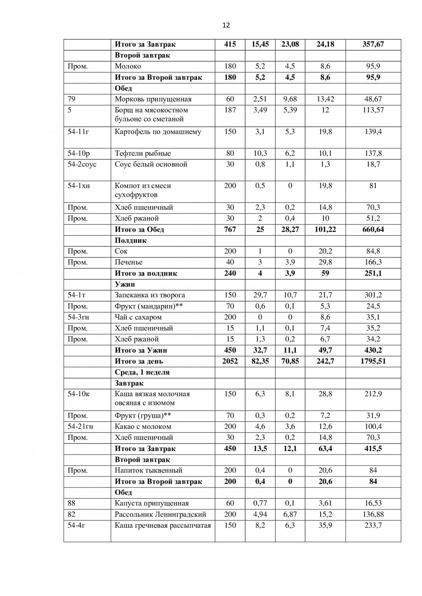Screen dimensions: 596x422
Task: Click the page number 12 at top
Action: pos(226,25)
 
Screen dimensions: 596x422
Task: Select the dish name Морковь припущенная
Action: pos(153,99)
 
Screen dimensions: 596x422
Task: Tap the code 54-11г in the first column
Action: pos(78,132)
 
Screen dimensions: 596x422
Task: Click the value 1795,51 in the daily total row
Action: pos(373,361)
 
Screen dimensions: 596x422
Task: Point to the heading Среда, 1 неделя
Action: pos(142,372)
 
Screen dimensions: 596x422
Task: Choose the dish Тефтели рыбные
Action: pos(143,153)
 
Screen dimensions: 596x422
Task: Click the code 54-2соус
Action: pos(82,164)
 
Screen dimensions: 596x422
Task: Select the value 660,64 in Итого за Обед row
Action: pos(373,229)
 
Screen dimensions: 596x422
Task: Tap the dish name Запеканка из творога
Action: pos(150,295)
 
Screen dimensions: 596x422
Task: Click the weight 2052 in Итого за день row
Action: pos(230,361)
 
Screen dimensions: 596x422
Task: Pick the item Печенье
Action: pos(128,262)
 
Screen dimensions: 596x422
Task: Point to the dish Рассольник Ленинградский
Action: pos(160,515)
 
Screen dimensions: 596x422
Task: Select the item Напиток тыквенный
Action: pos(148,470)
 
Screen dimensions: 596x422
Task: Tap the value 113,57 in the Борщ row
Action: pos(373,110)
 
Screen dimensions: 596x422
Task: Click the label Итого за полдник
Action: pos(146,273)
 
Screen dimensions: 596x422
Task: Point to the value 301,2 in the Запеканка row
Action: pos(373,295)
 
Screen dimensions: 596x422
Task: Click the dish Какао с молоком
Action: pos(143,426)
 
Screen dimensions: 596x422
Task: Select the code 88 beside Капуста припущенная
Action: pos(72,503)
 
